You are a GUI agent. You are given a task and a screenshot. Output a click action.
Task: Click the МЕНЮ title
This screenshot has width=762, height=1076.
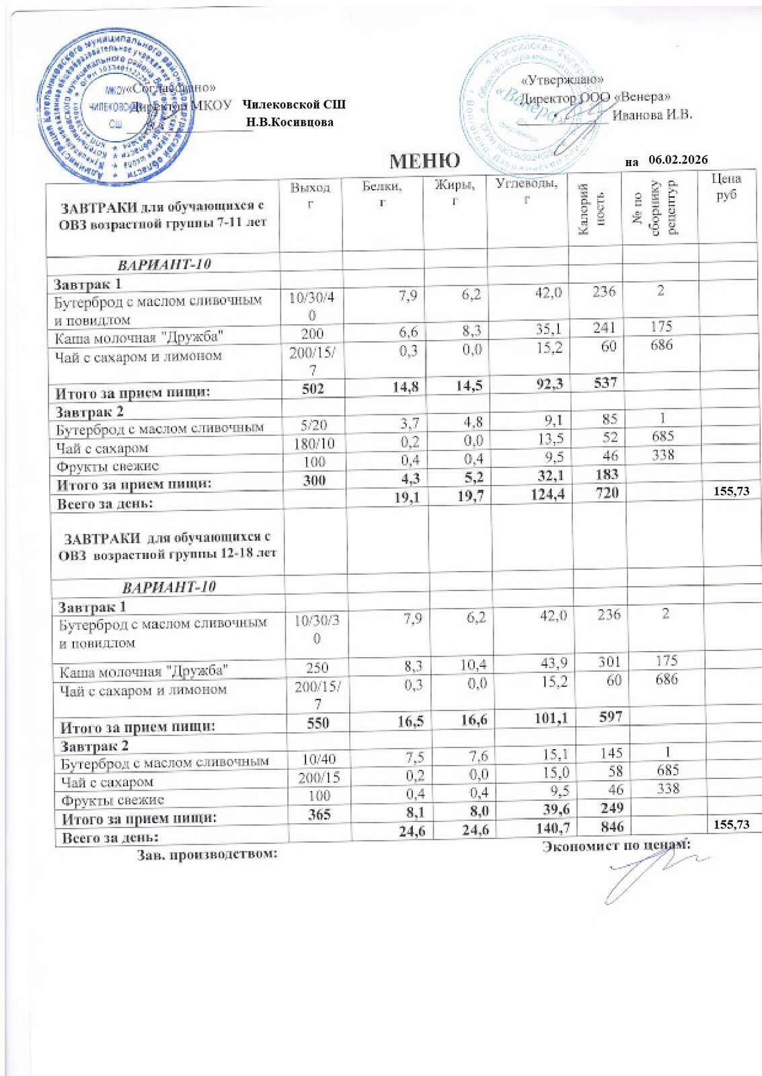click(424, 161)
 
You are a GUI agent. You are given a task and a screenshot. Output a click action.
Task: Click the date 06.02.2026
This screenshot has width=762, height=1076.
click(678, 159)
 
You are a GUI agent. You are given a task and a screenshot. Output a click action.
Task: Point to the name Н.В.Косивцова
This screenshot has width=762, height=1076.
click(290, 122)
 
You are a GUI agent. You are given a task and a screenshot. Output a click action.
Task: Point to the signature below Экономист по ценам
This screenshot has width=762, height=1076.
click(646, 874)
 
